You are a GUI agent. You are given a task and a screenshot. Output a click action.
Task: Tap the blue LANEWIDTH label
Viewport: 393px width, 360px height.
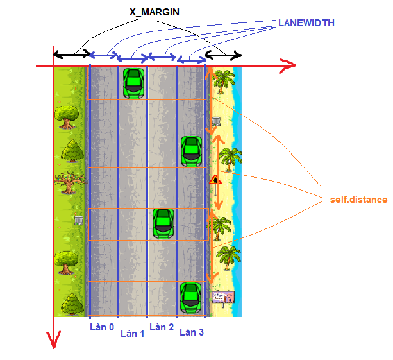(x=306, y=23)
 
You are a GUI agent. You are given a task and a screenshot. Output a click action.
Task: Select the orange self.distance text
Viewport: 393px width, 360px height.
(x=359, y=200)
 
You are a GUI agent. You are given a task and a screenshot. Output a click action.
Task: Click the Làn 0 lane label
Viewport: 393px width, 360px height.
(x=101, y=327)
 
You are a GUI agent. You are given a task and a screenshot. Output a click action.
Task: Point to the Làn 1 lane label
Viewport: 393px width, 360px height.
(x=132, y=334)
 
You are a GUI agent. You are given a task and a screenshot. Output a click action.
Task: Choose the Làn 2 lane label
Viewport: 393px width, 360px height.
(x=162, y=327)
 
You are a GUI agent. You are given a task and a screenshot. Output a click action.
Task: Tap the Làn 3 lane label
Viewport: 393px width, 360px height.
(x=192, y=332)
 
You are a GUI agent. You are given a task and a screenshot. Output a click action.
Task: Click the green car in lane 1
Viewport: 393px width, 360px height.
(x=133, y=83)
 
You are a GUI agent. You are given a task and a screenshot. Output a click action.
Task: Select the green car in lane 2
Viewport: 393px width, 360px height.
(x=163, y=223)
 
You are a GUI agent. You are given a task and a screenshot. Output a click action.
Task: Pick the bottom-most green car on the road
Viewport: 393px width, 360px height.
(x=191, y=296)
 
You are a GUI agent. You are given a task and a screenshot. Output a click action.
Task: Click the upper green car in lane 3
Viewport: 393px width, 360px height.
(x=191, y=151)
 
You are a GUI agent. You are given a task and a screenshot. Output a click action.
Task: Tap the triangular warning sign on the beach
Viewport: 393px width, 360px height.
(x=216, y=180)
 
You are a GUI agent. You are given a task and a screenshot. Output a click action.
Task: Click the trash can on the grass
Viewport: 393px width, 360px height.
(x=78, y=220)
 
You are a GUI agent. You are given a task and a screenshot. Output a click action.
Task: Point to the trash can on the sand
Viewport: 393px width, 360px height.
(x=217, y=121)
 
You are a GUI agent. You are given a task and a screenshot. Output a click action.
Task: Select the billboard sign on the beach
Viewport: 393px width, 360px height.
(x=222, y=297)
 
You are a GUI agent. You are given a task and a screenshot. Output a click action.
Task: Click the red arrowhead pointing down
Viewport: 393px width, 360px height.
(x=54, y=340)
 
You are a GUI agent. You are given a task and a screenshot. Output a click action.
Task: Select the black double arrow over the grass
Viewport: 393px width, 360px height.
(x=71, y=55)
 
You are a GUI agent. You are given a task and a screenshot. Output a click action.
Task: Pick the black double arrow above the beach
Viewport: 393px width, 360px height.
(x=223, y=56)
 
